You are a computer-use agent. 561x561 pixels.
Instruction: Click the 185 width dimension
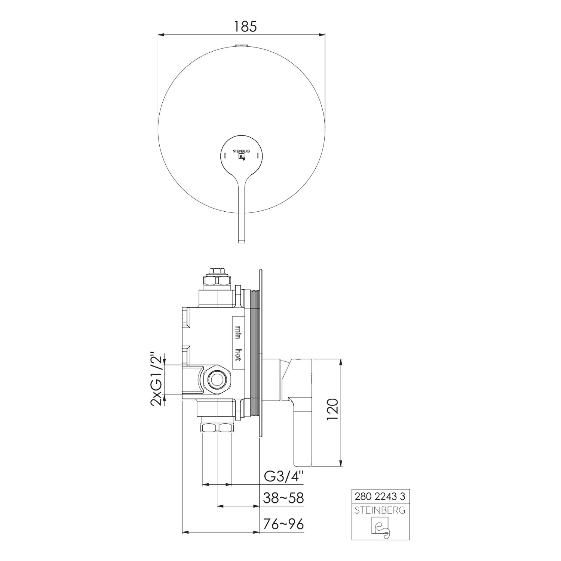tap(245, 27)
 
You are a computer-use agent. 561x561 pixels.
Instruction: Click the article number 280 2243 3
tap(379, 496)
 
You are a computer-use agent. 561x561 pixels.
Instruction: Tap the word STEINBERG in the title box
tap(380, 510)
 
